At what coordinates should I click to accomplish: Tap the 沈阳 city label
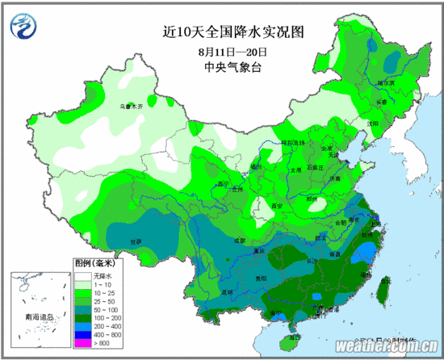coord(372,123)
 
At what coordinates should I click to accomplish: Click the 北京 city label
coord(327,149)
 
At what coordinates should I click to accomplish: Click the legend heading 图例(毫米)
coord(95,264)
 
